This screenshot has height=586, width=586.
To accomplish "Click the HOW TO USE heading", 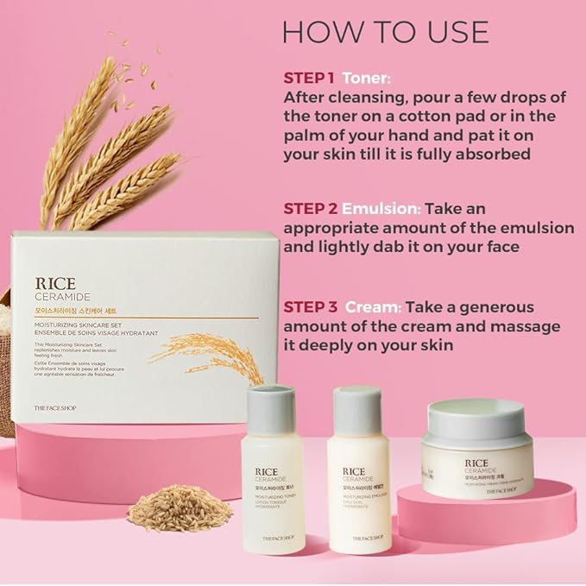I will coord(386,32).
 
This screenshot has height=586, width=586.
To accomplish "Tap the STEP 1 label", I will coord(309,77).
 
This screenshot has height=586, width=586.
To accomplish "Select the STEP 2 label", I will coord(309,209).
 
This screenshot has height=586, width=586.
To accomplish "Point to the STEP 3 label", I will coord(309,307).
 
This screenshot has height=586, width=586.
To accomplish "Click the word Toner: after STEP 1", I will coord(367,77).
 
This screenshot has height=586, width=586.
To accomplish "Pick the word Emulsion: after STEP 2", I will coord(381,209).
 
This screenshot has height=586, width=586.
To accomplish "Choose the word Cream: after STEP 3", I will coord(374,307).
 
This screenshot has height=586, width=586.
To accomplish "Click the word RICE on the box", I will coord(55,283).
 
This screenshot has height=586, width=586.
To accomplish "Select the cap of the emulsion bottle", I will coord(356,405).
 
